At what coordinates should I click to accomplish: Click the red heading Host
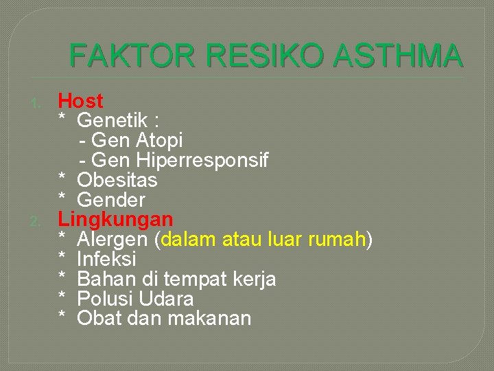tap(80, 101)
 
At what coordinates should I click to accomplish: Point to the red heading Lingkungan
tap(115, 220)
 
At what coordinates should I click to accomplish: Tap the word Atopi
tap(160, 141)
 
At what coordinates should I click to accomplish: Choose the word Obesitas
tap(117, 180)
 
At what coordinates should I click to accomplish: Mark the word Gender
tap(111, 200)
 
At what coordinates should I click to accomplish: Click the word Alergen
tap(112, 240)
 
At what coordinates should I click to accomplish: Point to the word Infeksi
tap(107, 259)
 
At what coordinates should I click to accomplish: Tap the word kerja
tap(254, 279)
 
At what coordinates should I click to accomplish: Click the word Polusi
tap(100, 299)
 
